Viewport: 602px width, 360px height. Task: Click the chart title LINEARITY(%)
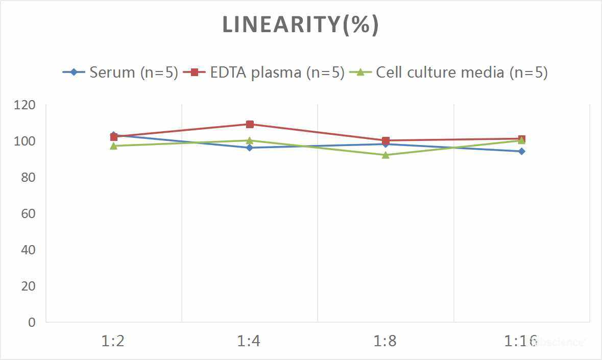point(300,25)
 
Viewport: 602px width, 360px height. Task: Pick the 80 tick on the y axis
point(29,177)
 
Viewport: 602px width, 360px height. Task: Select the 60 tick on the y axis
point(29,213)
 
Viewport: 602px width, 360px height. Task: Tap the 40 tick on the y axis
point(29,250)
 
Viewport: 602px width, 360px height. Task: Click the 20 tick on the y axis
point(29,286)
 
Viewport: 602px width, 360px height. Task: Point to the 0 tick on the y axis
point(32,322)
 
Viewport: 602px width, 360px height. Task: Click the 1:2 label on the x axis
point(113,341)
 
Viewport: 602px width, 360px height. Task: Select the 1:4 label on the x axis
point(249,341)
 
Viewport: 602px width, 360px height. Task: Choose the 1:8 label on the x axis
point(386,341)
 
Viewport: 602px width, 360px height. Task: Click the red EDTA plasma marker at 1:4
point(250,124)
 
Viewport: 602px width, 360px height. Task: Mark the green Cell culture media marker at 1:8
point(386,155)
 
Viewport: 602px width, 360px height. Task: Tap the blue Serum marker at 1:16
point(522,151)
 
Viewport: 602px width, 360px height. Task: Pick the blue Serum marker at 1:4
point(250,148)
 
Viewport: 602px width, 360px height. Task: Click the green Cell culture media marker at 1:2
point(113,146)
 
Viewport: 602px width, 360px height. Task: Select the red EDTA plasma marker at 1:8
point(386,140)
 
